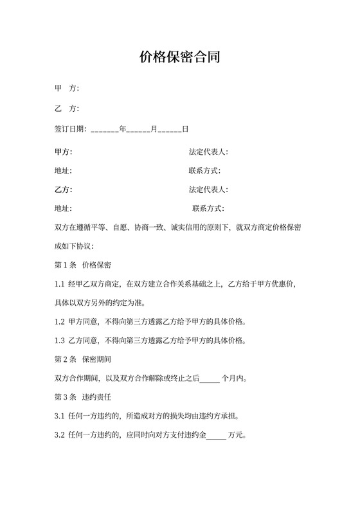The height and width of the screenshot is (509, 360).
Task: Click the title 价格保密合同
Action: (180, 57)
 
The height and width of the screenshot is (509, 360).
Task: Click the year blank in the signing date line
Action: (105, 129)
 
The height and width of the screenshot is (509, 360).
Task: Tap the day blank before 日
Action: (170, 129)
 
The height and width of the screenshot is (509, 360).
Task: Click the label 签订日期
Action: (70, 129)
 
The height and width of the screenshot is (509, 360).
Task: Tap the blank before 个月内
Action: (210, 379)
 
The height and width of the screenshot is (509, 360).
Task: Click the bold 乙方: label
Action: (64, 190)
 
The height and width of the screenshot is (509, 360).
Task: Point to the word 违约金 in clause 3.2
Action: (196, 436)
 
